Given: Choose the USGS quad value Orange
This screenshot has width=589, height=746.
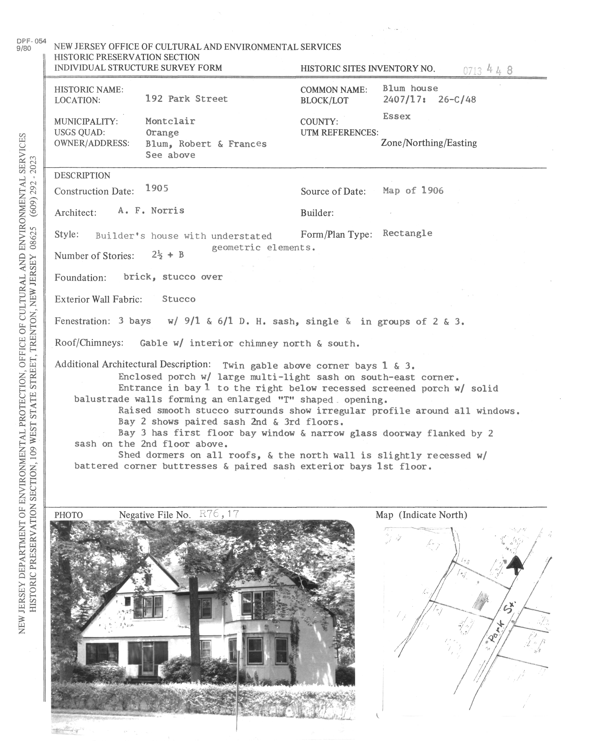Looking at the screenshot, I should [x=162, y=133].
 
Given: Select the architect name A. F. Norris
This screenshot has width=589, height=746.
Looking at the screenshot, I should [x=151, y=211].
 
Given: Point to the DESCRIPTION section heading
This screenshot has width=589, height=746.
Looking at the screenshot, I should [x=82, y=176].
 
